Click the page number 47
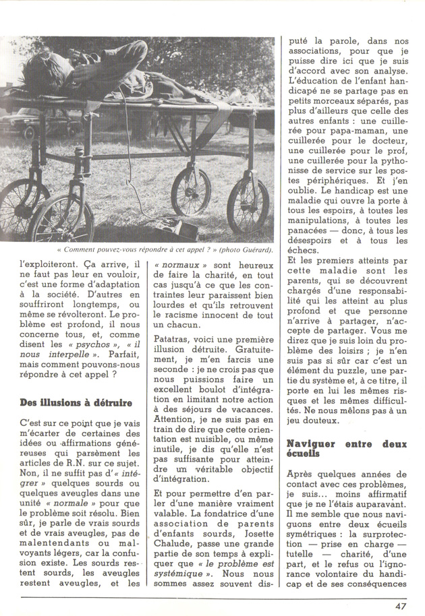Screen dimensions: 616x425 pos(400,605)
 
